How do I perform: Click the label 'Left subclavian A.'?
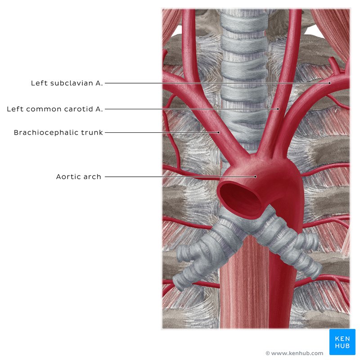pyautogui.click(x=67, y=83)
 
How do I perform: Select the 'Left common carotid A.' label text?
pyautogui.click(x=54, y=109)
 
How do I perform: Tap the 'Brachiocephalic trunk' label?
pyautogui.click(x=58, y=132)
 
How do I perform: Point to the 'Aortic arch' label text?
pyautogui.click(x=78, y=176)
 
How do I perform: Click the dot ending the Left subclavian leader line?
pyautogui.click(x=330, y=83)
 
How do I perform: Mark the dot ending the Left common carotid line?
pyautogui.click(x=278, y=109)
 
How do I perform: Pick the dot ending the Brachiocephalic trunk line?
pyautogui.click(x=219, y=132)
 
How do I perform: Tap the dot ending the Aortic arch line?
pyautogui.click(x=255, y=176)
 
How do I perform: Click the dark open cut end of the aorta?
pyautogui.click(x=240, y=198)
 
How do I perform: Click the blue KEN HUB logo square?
pyautogui.click(x=342, y=342)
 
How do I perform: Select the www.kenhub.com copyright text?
pyautogui.click(x=294, y=353)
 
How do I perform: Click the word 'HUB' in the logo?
pyautogui.click(x=342, y=346)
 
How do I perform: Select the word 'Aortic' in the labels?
pyautogui.click(x=68, y=176)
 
